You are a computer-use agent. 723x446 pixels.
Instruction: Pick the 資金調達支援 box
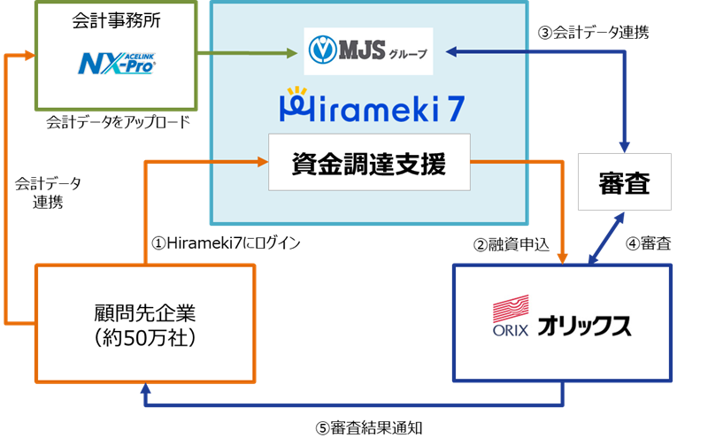click(369, 163)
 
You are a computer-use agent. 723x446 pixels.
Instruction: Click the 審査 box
click(624, 182)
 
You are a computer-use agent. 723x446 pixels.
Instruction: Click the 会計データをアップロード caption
click(119, 122)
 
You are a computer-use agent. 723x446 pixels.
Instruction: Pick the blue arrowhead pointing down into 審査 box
click(625, 146)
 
